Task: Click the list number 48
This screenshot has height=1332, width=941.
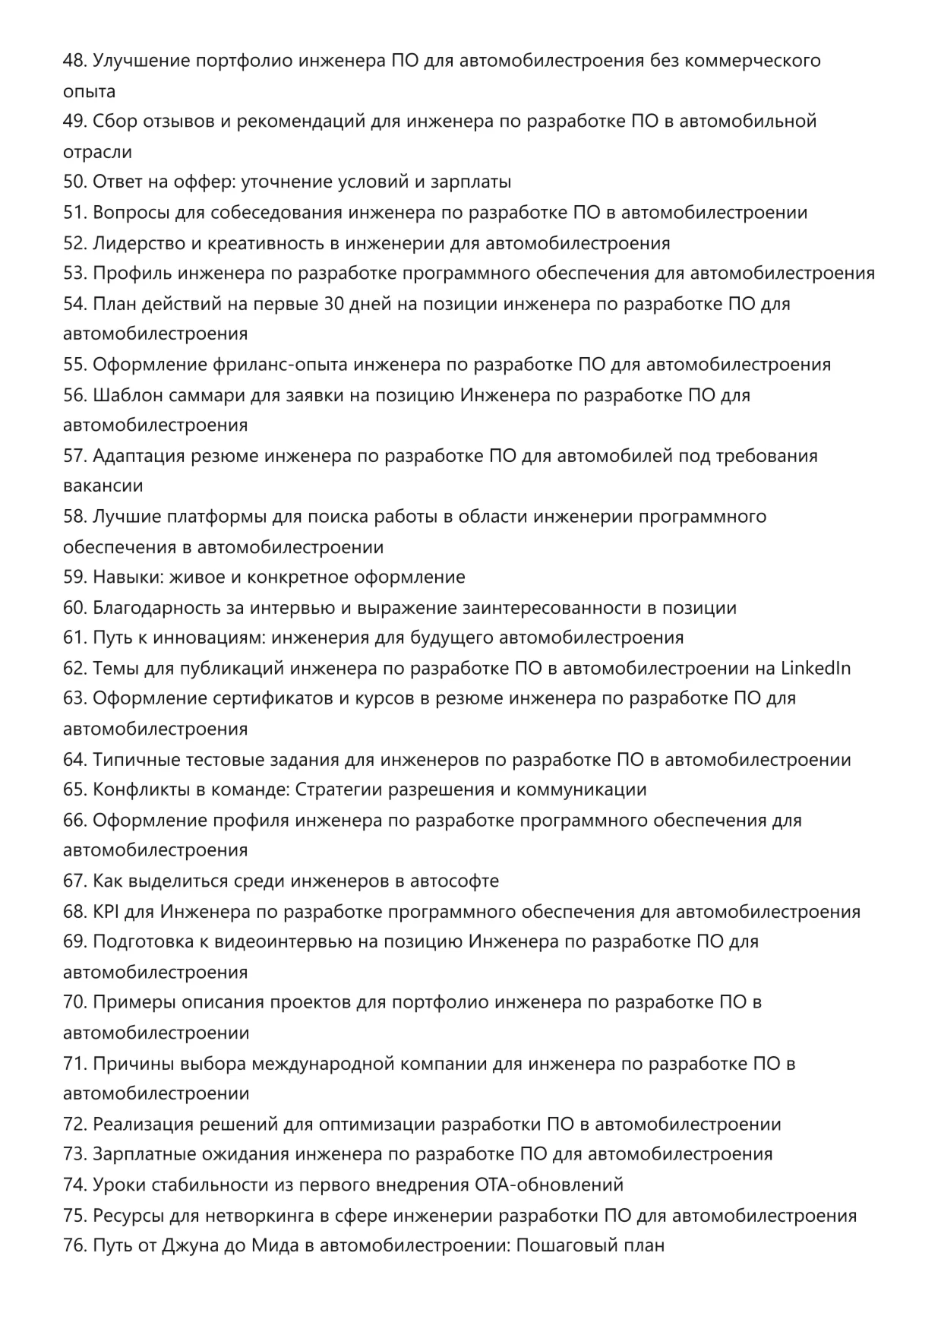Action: point(74,61)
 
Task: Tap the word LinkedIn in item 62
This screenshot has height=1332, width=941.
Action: point(815,669)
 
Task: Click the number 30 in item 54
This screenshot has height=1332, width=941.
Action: point(335,304)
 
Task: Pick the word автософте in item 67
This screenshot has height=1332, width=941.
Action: point(454,881)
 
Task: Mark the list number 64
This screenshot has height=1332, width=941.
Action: point(74,760)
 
